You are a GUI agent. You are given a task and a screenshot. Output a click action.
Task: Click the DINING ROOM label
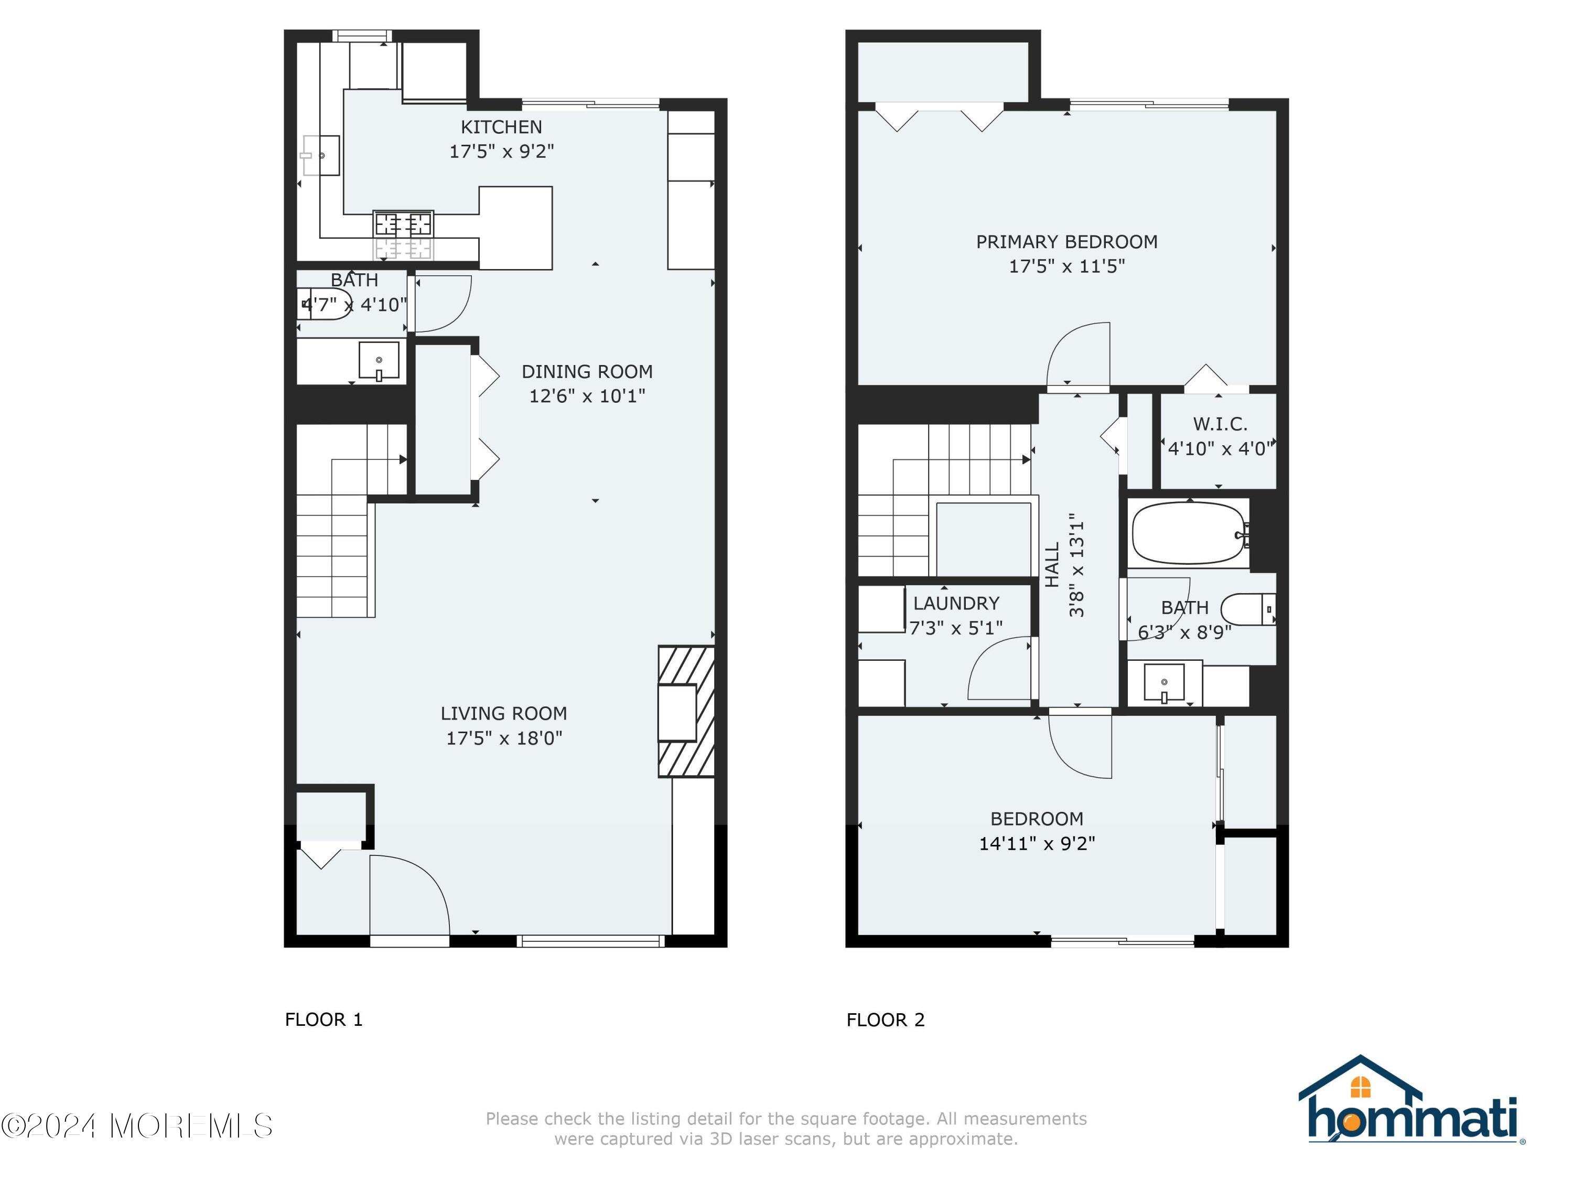[587, 371]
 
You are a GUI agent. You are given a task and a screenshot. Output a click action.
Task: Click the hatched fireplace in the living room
[685, 711]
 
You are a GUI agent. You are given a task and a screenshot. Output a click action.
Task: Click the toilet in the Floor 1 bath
[327, 304]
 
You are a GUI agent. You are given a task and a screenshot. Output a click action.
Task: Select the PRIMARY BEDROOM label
[1066, 242]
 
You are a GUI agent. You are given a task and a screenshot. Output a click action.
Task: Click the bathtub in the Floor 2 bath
[1188, 533]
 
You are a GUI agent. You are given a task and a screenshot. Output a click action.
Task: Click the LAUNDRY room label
[956, 603]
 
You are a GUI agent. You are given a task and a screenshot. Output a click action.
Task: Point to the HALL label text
[1052, 565]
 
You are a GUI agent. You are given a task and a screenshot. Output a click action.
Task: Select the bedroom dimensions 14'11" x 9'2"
[1036, 843]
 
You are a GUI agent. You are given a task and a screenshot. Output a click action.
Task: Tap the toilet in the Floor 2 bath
[1248, 609]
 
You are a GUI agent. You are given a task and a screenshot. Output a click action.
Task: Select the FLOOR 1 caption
[324, 1020]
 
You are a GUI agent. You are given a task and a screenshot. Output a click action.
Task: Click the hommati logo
[1411, 1101]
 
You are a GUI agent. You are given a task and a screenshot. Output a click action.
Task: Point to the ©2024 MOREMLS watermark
[136, 1126]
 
